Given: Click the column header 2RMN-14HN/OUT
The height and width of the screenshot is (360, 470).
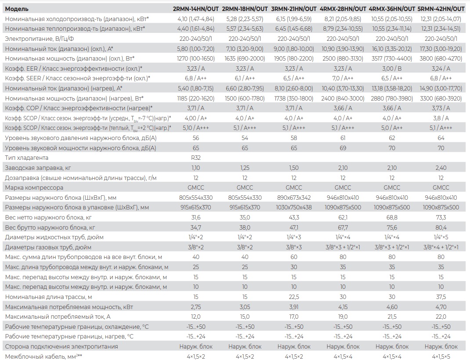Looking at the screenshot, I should pos(195,9).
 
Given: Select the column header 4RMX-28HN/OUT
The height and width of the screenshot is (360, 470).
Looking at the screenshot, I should pos(343,9).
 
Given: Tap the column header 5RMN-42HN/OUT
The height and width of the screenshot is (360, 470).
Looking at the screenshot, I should pos(441,9).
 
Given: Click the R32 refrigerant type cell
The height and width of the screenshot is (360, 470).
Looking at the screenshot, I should pos(195,158).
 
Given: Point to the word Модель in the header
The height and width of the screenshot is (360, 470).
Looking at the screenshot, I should pos(17,9).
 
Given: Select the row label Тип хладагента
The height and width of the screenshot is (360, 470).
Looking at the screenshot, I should pos(26,158).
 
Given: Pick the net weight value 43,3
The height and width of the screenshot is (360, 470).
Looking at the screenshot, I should pos(294,217).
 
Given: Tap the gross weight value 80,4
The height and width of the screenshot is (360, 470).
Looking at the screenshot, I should pos(441,227).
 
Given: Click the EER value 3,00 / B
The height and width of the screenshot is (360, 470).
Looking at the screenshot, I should pos(392,68).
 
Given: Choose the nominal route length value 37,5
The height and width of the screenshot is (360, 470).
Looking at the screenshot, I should pos(441,297).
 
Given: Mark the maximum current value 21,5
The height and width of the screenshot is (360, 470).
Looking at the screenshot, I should pos(392,317).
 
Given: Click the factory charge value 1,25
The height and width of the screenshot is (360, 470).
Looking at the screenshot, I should pos(245,168).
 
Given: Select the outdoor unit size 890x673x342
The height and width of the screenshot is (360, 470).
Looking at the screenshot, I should pos(294,198).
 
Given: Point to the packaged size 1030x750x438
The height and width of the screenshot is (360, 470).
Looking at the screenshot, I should pos(294,207).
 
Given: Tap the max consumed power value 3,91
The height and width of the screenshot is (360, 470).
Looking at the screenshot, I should pos(294,307).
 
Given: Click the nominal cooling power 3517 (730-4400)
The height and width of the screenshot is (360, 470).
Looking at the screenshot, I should pos(392,58).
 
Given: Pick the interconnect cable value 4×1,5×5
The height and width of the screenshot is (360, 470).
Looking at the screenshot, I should pos(441,356).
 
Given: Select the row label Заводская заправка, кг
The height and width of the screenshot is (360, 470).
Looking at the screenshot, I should pos(37,168).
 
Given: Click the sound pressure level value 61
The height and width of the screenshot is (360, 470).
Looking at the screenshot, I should pos(343,138).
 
